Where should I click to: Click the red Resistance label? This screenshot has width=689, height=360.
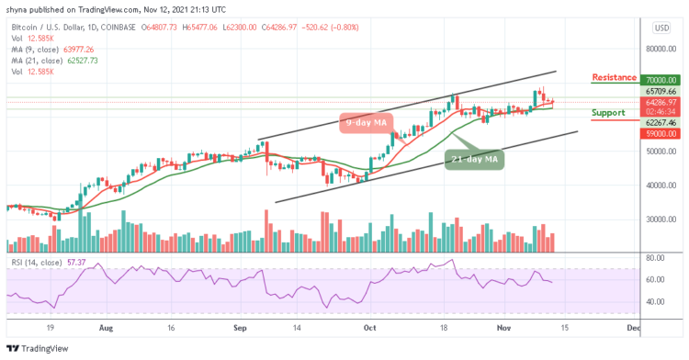[x=614, y=78]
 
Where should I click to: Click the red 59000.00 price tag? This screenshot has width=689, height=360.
[x=660, y=134]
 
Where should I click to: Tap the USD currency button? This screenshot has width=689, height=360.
[x=661, y=28]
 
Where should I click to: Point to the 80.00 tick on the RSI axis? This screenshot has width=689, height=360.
[x=654, y=259]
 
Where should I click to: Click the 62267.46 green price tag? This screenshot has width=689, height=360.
[x=660, y=122]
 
